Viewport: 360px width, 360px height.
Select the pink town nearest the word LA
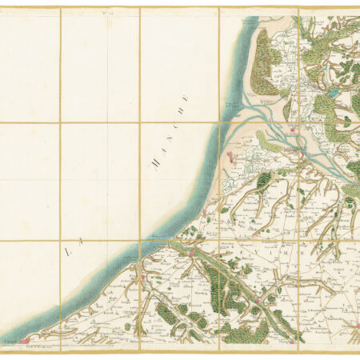point(145,278)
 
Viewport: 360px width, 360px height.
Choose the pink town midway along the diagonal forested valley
point(192,254)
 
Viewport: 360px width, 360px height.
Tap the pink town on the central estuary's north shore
point(294,130)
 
